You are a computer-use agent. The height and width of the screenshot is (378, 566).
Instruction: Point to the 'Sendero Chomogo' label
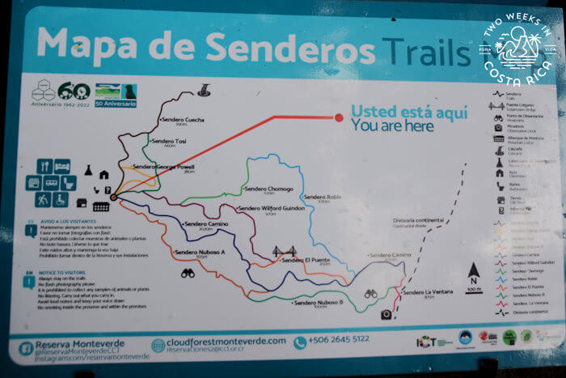(x=268, y=189)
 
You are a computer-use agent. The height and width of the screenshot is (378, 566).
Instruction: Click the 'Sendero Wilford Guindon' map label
(x=271, y=210)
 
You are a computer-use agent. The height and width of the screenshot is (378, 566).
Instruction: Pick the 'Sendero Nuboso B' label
(x=319, y=303)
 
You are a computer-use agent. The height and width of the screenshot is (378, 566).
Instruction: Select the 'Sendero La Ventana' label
(x=425, y=292)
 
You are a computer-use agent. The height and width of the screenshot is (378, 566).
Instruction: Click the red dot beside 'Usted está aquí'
(x=339, y=118)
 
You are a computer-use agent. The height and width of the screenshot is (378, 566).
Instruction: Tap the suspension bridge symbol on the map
(x=283, y=252)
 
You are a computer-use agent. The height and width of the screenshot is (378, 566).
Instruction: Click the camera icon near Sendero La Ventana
(x=386, y=314)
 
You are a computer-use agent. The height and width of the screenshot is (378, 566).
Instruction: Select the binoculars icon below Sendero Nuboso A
(x=188, y=274)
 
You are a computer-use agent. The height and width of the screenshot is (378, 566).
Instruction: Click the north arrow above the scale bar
(x=474, y=268)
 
